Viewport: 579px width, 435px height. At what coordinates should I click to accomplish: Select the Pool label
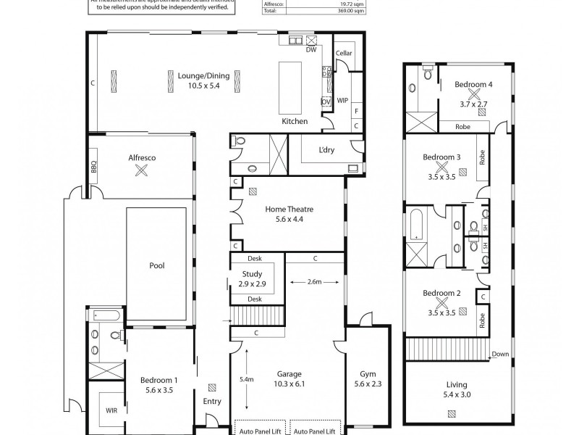tap(156, 265)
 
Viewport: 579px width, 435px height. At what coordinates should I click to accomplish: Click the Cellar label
tap(344, 54)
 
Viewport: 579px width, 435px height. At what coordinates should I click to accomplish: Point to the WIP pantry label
tap(342, 101)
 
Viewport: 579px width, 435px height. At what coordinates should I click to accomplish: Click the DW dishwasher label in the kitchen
tap(310, 49)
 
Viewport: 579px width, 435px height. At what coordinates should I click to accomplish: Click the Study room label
tap(253, 273)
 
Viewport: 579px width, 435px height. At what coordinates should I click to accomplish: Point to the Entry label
tap(212, 401)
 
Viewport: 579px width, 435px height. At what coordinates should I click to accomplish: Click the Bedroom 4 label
tap(473, 85)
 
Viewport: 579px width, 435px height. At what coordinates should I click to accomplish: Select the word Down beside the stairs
tap(499, 354)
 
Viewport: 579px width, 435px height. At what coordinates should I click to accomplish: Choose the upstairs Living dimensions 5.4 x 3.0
tap(457, 394)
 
